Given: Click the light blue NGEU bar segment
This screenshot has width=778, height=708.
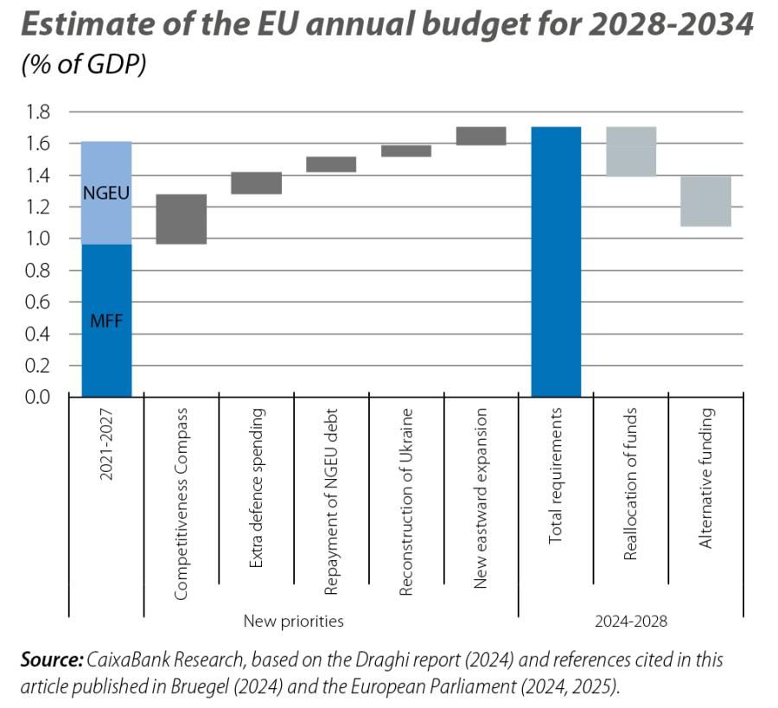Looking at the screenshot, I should point(106,193).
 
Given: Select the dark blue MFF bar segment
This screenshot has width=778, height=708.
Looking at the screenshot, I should point(106,321).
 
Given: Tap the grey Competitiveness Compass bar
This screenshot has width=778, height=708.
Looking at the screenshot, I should point(181,219).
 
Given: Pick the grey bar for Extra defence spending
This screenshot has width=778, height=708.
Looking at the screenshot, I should point(256,182).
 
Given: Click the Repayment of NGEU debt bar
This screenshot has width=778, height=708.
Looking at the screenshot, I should point(331,164).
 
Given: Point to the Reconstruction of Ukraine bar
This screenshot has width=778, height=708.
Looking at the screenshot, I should point(406,151).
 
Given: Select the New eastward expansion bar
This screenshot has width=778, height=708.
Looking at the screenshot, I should point(481,136).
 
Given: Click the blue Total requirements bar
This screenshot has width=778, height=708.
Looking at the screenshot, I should point(556,261).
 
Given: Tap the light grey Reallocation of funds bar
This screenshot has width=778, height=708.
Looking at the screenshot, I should point(631,151).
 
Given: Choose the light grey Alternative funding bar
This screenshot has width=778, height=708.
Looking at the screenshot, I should point(706,201).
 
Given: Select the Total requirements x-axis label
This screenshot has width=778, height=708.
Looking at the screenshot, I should point(556,475).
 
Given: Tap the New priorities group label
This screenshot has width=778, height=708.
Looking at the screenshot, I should point(293,621).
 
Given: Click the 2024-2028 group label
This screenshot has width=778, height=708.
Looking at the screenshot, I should point(631,621).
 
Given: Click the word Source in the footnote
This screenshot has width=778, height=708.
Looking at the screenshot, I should point(50,660).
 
